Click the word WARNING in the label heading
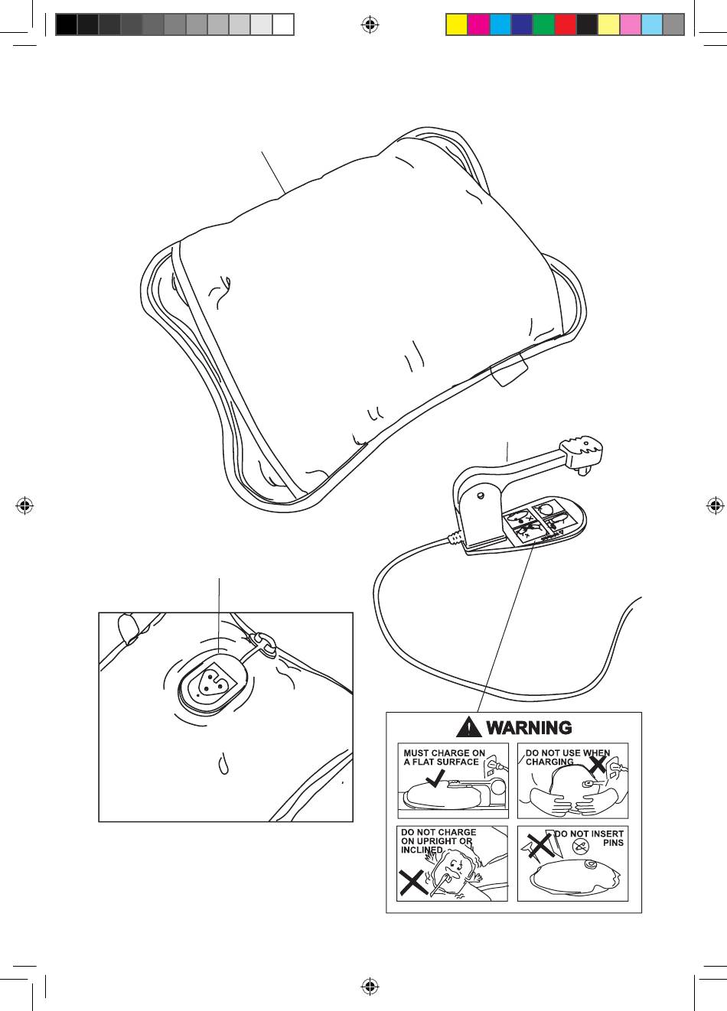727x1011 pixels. pos(529,727)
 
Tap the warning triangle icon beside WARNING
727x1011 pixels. pos(468,727)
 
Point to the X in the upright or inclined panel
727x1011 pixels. pos(413,884)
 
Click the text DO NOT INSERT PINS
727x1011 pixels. pos(589,838)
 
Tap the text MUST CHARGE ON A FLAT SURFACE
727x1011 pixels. pos(444,757)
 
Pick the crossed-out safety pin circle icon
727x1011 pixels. pos(582,847)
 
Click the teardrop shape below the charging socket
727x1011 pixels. pos(223,764)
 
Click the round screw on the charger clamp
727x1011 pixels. pos(480,496)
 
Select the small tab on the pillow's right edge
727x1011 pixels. pos(507,372)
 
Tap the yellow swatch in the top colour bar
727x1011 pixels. pos(456,25)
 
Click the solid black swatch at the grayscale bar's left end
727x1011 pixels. pos(66,25)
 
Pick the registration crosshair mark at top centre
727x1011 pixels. pos(370,25)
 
